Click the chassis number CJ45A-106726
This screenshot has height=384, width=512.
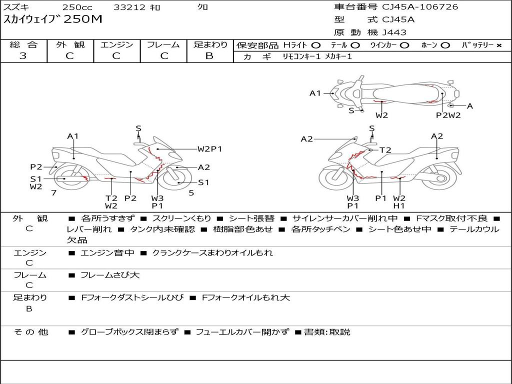420,7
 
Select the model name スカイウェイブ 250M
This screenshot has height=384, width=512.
52,19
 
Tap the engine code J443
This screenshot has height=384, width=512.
394,32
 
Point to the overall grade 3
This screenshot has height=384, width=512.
23,56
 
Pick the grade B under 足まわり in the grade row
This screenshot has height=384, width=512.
209,56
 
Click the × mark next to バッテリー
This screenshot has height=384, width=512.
498,45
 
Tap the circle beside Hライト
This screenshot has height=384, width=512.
315,45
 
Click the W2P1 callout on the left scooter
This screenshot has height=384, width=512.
209,149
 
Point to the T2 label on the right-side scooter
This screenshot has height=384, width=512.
385,150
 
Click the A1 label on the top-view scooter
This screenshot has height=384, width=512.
315,93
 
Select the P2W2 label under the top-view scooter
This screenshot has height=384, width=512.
448,115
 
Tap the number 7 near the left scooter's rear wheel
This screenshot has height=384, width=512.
54,193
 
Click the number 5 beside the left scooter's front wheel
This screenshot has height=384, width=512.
191,193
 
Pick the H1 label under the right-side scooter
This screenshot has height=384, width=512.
399,205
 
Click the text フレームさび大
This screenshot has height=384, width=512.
110,275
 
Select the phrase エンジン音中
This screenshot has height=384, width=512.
107,252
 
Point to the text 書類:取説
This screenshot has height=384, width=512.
327,332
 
